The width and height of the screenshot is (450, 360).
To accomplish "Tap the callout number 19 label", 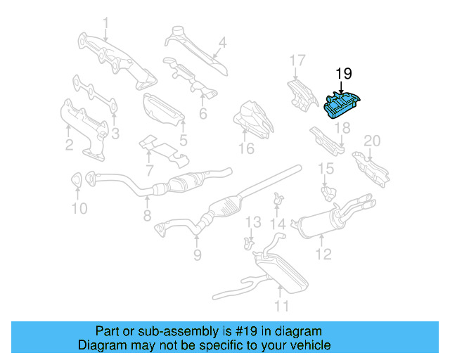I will click(x=342, y=73).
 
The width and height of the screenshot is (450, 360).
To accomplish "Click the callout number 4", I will click(x=222, y=42).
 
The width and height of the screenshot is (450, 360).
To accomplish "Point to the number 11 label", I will click(x=281, y=306).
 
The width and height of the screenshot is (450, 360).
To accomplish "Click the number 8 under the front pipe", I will click(x=147, y=216).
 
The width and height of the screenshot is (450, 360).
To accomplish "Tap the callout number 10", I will click(x=79, y=208).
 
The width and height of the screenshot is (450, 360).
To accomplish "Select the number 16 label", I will click(x=245, y=148).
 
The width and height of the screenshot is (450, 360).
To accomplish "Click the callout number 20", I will click(x=371, y=141).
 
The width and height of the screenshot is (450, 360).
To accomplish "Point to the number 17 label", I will click(x=297, y=60).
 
